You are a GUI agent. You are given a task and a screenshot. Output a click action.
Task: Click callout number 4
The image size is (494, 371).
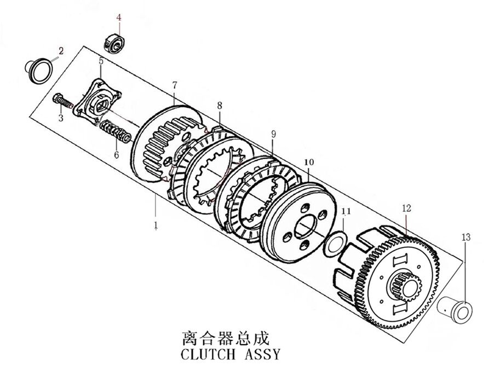click(x=119, y=18)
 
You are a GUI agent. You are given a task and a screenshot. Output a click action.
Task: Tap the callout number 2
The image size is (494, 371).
click(x=61, y=51)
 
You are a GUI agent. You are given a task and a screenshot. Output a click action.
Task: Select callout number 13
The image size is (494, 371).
click(x=466, y=238)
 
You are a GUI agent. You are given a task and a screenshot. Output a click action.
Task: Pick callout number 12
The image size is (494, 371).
click(x=406, y=208)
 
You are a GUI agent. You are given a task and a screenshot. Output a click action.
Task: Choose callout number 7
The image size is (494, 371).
click(x=174, y=85)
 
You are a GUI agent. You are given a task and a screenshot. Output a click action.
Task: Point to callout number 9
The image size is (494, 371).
click(x=273, y=134)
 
